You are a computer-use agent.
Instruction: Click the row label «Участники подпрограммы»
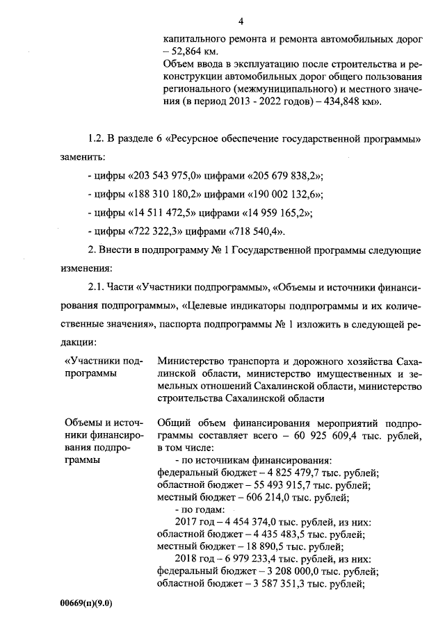(x=103, y=368)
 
